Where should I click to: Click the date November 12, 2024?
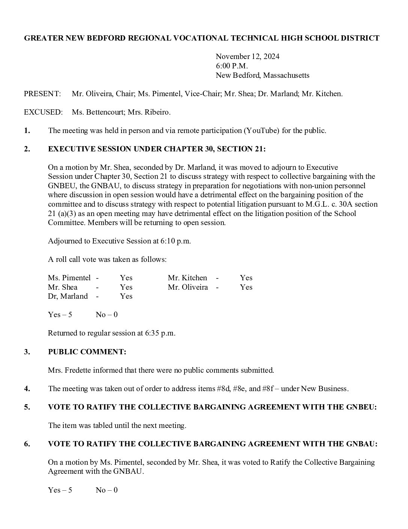[x=247, y=57]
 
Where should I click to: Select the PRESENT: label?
[x=42, y=94]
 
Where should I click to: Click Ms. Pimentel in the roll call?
[x=69, y=278]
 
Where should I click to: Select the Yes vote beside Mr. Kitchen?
[x=246, y=278]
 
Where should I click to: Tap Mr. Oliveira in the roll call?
[x=187, y=287]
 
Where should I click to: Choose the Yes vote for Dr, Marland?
[x=126, y=296]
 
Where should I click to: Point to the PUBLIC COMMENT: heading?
[x=87, y=352]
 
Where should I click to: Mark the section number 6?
[x=27, y=444]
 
